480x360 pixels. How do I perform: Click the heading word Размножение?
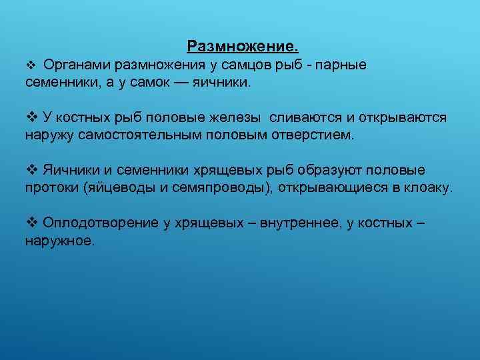243,47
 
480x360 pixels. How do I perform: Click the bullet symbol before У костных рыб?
30,118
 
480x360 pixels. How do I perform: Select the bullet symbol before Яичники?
30,170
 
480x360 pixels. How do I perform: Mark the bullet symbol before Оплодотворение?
30,222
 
